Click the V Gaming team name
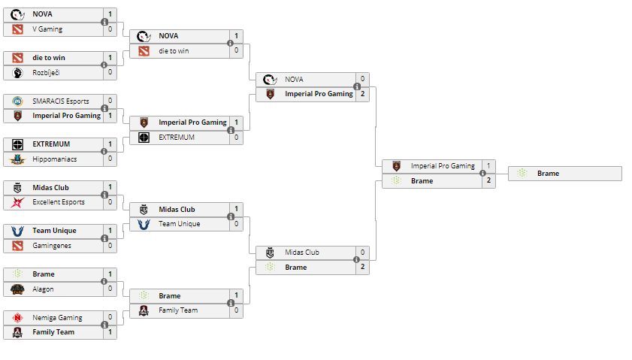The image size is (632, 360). click(47, 29)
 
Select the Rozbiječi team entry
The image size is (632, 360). click(48, 72)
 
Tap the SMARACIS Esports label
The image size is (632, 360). click(60, 101)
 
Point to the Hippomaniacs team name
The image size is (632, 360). click(54, 159)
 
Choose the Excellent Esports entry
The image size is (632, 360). click(59, 202)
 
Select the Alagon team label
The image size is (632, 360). click(43, 289)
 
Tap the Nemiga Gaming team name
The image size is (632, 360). click(57, 318)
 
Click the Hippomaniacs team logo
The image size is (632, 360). click(18, 159)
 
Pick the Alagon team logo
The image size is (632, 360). click(18, 289)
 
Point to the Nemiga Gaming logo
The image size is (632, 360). click(18, 318)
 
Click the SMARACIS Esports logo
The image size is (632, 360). click(18, 101)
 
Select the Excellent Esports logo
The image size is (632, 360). click(18, 202)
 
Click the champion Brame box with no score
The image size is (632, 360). click(565, 174)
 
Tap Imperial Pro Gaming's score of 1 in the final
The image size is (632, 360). click(488, 166)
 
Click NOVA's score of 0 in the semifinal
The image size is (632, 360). click(362, 79)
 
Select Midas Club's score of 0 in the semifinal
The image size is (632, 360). click(362, 253)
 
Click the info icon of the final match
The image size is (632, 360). click(483, 173)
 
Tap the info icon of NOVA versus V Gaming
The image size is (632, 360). click(104, 22)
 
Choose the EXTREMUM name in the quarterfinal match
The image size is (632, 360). click(177, 138)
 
